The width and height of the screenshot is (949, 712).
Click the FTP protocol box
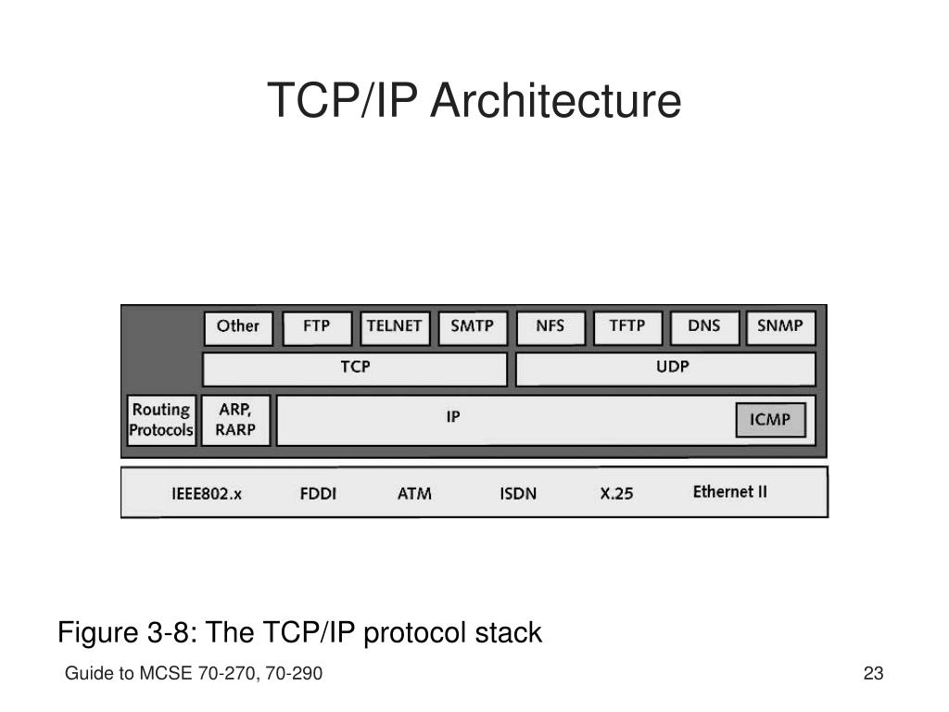[317, 327]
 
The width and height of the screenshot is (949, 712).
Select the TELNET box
[394, 327]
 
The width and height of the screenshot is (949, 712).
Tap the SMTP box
[472, 327]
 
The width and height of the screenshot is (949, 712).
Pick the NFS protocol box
[550, 327]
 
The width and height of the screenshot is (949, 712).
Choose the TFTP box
[627, 327]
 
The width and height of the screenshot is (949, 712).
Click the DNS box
[704, 327]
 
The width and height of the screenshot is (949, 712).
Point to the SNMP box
[779, 327]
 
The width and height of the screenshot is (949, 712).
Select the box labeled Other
[238, 327]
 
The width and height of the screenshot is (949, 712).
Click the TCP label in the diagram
[355, 367]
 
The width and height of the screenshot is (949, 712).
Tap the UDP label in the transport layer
[673, 367]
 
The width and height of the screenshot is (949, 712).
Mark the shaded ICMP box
[770, 420]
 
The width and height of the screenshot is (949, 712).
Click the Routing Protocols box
[161, 420]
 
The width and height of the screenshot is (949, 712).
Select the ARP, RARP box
[235, 420]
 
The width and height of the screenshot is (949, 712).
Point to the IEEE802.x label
[207, 494]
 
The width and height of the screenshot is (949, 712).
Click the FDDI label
[318, 494]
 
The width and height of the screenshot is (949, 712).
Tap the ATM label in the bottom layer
[414, 494]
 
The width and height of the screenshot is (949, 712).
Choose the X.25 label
[616, 494]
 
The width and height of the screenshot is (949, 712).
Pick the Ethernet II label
[730, 492]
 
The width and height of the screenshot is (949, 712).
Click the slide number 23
[873, 674]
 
